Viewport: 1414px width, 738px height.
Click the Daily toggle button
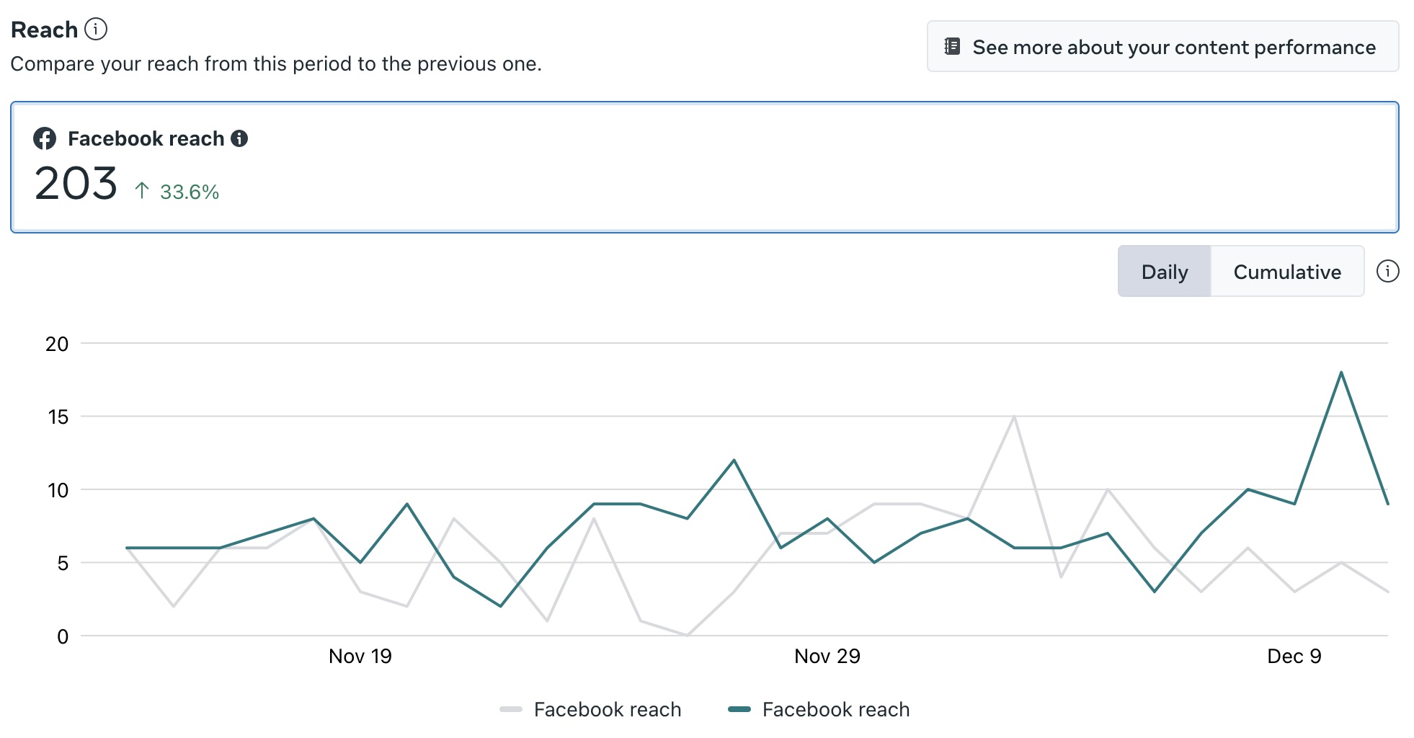[x=1164, y=272]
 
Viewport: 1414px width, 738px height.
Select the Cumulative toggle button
[x=1287, y=272]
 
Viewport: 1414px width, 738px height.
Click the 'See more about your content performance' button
[x=1162, y=47]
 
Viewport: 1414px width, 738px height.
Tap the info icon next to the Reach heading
[x=96, y=29]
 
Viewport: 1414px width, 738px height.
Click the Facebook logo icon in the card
[x=45, y=138]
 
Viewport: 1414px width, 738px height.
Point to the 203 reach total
[x=76, y=184]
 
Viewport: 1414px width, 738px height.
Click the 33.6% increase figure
[x=190, y=192]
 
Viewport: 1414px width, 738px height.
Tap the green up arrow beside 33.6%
[x=142, y=190]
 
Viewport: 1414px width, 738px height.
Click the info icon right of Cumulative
[x=1387, y=271]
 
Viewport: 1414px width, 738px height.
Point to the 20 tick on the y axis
[x=57, y=344]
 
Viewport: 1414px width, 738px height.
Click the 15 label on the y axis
[x=58, y=417]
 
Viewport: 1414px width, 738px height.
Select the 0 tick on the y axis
[x=63, y=636]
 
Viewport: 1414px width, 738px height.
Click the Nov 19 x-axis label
[x=360, y=656]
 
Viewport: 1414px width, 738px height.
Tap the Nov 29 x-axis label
[x=827, y=656]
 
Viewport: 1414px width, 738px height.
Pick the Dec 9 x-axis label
[x=1294, y=656]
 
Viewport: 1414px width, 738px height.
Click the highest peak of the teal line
[x=1341, y=373]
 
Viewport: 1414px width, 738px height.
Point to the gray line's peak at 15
[x=1014, y=417]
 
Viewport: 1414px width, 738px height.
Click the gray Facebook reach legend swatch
[x=510, y=709]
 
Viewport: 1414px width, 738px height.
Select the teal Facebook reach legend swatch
[x=739, y=709]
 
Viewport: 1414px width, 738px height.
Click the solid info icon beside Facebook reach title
[x=239, y=138]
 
